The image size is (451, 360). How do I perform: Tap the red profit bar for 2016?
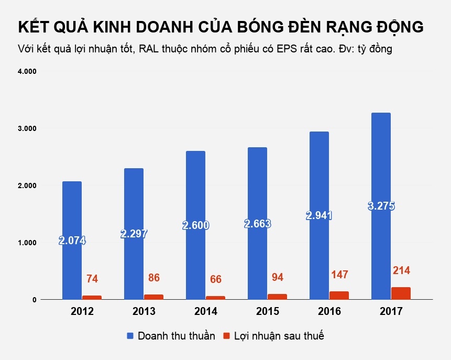pyautogui.click(x=339, y=295)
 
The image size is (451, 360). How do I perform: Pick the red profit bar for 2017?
pyautogui.click(x=401, y=293)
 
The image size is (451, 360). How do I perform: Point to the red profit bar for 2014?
pyautogui.click(x=215, y=297)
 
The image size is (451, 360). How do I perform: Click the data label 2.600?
pyautogui.click(x=196, y=226)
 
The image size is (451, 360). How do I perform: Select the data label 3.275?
pyautogui.click(x=381, y=206)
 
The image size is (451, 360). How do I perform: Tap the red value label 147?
pyautogui.click(x=339, y=275)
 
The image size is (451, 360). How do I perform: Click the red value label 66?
pyautogui.click(x=215, y=279)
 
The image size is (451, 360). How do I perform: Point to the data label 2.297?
pyautogui.click(x=134, y=234)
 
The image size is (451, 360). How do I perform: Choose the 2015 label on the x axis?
pyautogui.click(x=267, y=312)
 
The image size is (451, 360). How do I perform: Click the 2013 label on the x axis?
pyautogui.click(x=144, y=312)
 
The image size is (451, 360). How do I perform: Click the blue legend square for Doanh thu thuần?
pyautogui.click(x=130, y=336)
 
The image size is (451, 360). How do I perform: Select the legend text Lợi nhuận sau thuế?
pyautogui.click(x=279, y=336)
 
